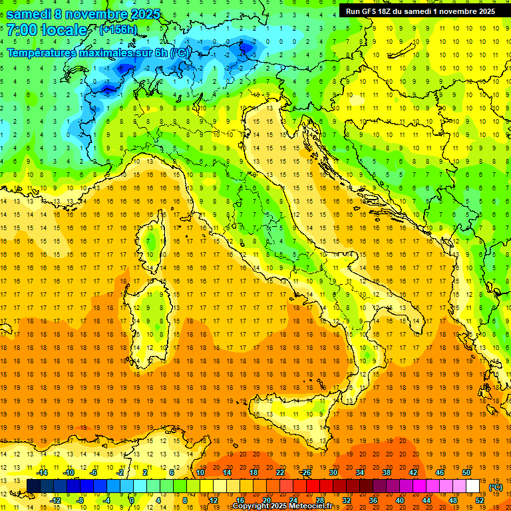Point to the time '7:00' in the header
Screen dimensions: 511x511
(22, 30)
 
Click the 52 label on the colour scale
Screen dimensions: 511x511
(480, 500)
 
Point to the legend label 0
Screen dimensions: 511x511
(132, 500)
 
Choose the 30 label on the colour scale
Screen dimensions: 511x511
(333, 472)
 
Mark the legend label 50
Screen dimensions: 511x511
(466, 472)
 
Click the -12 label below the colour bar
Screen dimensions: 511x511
(55, 500)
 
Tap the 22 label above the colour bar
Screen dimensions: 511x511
(279, 472)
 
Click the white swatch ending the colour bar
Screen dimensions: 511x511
(473, 486)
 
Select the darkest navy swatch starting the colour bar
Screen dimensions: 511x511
(33, 486)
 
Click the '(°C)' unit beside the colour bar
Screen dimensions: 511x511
(496, 487)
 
